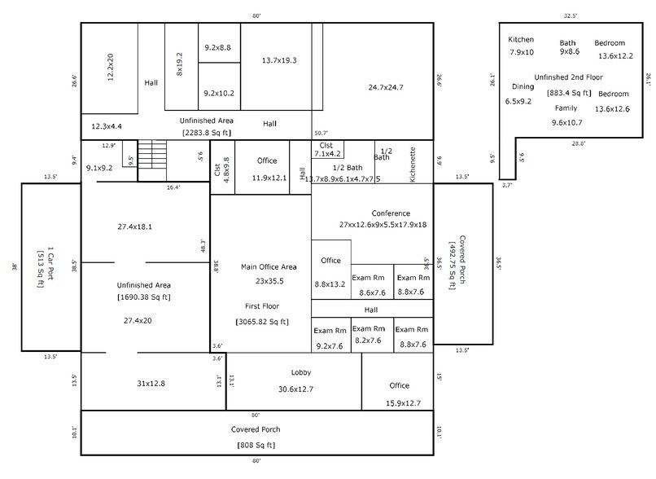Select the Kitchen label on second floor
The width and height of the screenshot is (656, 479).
(521, 40)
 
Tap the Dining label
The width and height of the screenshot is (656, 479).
(523, 86)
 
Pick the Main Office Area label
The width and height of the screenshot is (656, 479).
(268, 266)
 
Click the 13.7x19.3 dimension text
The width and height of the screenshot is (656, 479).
(278, 60)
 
